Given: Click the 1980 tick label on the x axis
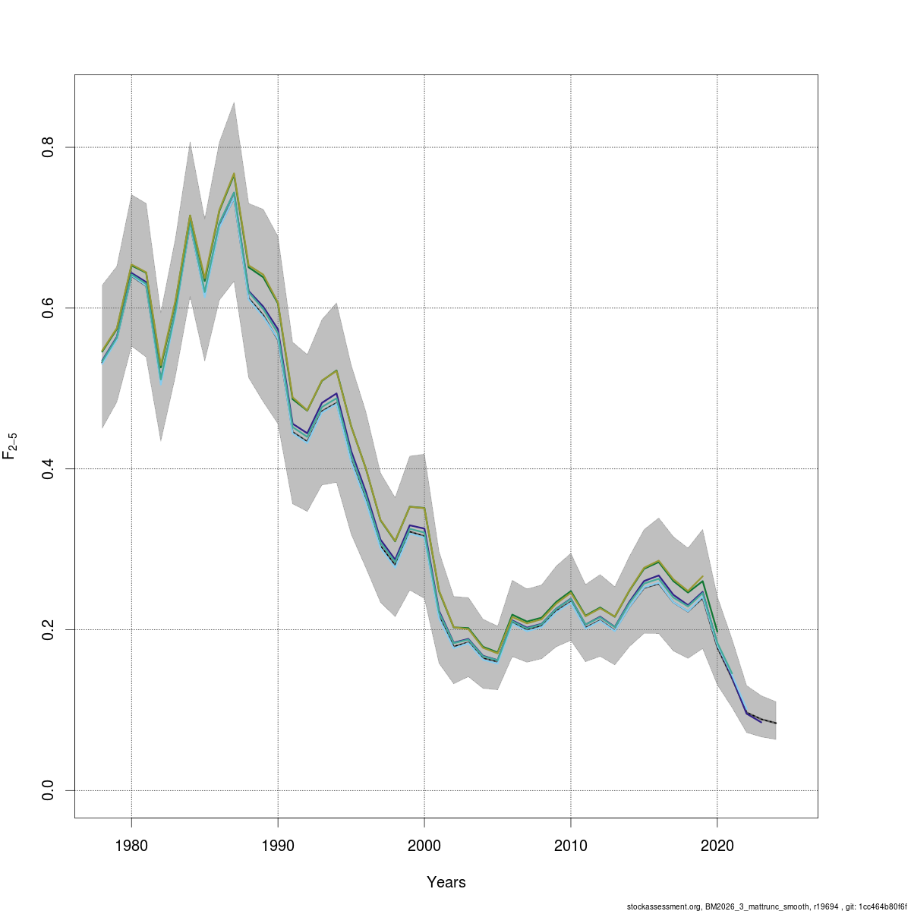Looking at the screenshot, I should [x=131, y=846].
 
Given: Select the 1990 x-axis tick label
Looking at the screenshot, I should [x=278, y=846].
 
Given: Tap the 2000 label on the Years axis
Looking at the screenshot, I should [x=424, y=846].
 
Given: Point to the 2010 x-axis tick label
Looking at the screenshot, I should [x=570, y=846].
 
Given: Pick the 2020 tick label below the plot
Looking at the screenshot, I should [x=717, y=846].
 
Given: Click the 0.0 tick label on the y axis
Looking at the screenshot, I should [x=48, y=790].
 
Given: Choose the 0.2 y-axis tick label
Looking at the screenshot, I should [x=48, y=629].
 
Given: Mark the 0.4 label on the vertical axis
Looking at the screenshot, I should [x=48, y=468].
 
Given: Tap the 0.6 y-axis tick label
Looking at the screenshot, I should [x=48, y=307].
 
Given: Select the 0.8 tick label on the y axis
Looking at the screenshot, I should [x=48, y=147].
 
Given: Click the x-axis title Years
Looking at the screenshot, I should [x=446, y=882].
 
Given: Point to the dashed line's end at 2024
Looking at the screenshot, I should [x=775, y=723].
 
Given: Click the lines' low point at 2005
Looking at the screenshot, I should [x=497, y=657].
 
